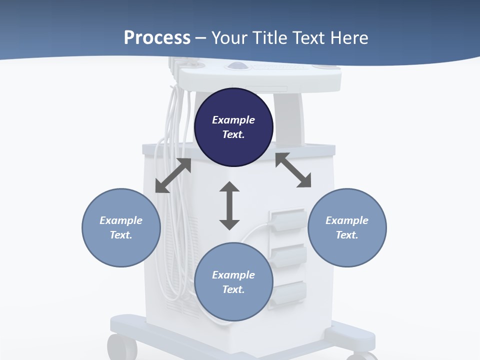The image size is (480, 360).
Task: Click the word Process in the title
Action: (157, 38)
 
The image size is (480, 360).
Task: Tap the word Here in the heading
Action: (349, 38)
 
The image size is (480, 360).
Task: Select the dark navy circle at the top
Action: (233, 127)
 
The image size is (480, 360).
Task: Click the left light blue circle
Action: (121, 227)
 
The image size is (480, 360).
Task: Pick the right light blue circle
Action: (347, 227)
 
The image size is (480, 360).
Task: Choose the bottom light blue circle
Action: (233, 282)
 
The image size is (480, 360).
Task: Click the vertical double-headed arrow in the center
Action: (229, 205)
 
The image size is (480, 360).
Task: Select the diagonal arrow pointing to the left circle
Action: (173, 175)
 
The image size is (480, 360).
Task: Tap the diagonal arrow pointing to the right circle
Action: (293, 170)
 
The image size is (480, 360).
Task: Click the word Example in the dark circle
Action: (233, 120)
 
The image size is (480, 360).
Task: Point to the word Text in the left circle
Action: (121, 235)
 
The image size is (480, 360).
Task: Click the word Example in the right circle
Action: (347, 220)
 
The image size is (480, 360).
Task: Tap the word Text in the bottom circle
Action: (233, 289)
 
